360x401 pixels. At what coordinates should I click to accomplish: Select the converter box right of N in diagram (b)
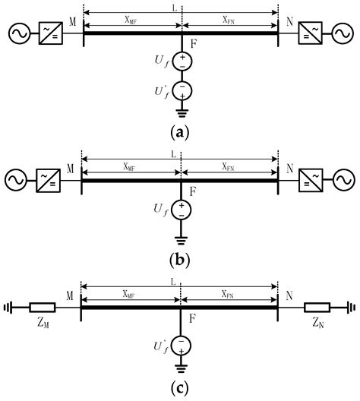pos(309,180)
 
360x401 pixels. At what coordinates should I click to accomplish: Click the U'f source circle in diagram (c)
pos(181,346)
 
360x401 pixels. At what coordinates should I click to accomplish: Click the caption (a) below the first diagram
pos(181,131)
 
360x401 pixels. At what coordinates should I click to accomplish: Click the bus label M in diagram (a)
pos(72,22)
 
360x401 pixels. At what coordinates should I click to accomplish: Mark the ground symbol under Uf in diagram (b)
pos(181,237)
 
